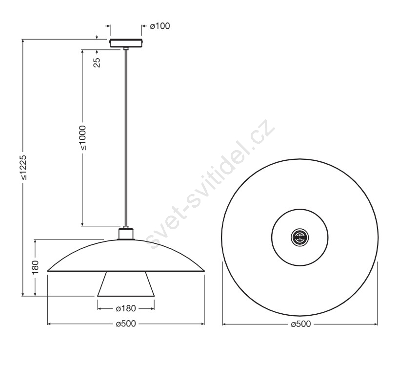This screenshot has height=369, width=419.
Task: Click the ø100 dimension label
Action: click(x=160, y=26)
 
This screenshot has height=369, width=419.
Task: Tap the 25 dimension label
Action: click(x=97, y=63)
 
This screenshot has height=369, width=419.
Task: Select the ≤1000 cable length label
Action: click(x=83, y=138)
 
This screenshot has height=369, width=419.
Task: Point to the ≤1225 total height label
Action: click(x=23, y=167)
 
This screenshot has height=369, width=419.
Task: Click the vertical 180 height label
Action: click(x=35, y=267)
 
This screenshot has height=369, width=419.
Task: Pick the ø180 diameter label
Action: click(x=126, y=308)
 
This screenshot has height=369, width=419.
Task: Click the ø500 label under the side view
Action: click(x=126, y=324)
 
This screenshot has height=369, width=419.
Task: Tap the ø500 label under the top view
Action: click(x=301, y=324)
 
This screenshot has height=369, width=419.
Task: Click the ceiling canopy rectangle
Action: click(x=126, y=43)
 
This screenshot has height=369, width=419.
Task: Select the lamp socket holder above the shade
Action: click(x=126, y=233)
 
